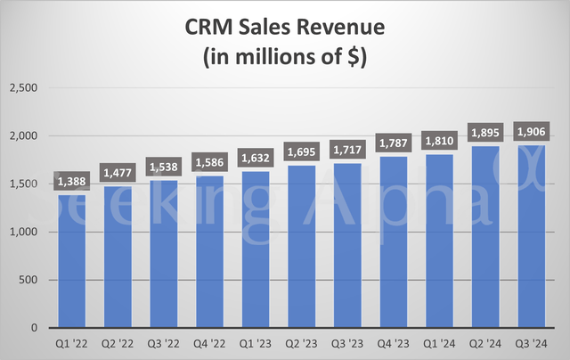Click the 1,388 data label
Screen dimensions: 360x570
(72, 182)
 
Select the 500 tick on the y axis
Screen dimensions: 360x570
(28, 281)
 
